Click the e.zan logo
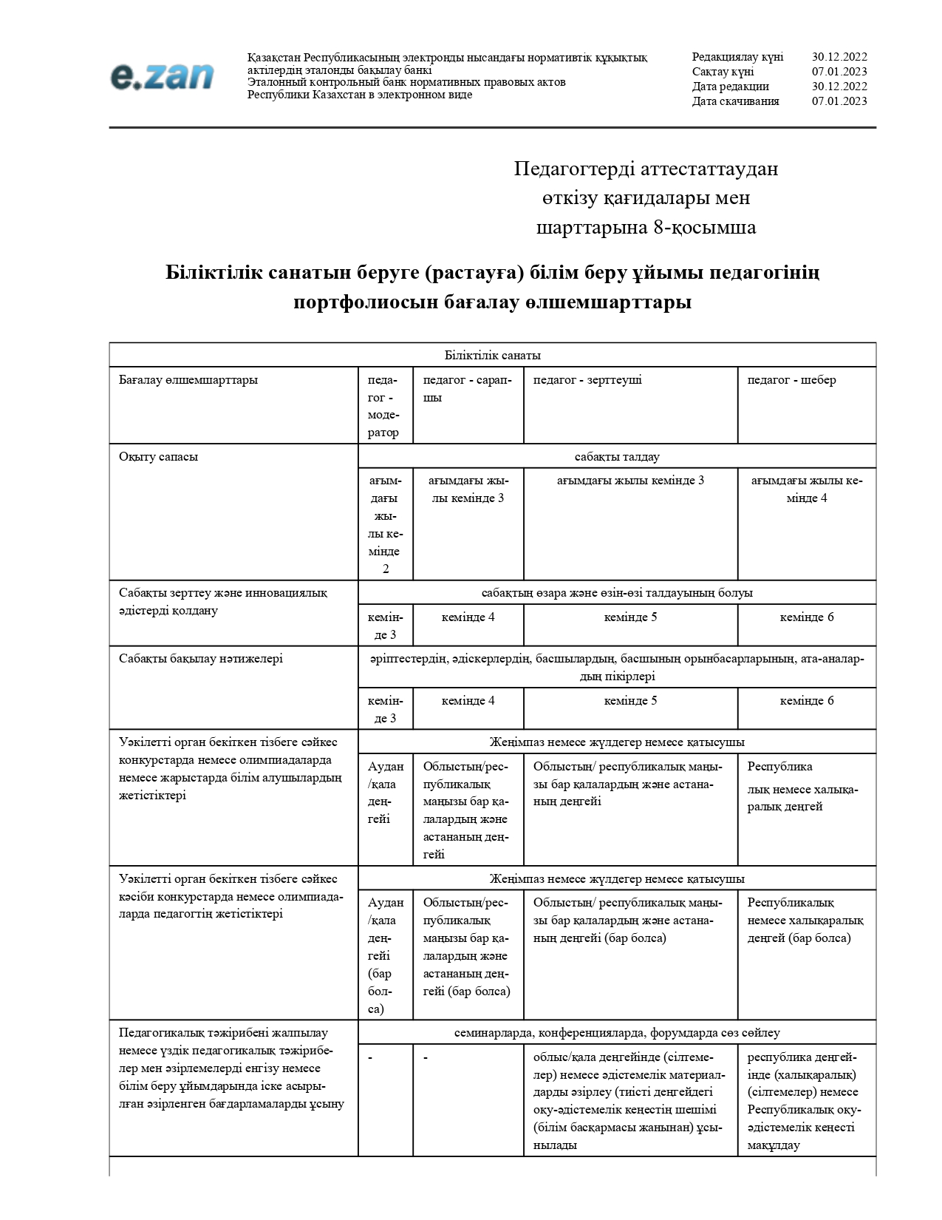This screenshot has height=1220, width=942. pos(162,76)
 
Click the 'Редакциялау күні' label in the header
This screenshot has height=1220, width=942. pos(737,57)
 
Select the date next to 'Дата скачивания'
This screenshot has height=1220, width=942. pos(839,101)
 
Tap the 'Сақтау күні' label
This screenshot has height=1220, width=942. pos(723,72)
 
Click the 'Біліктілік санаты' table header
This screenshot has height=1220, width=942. pos(492,355)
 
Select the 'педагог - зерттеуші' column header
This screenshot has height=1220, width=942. pos(587,380)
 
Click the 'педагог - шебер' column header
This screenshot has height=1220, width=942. pos(791,380)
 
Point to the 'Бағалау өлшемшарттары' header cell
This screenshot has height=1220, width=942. pos(188,380)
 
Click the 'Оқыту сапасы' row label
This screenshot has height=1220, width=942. pos(158,456)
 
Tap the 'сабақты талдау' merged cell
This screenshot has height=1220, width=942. pos(617,456)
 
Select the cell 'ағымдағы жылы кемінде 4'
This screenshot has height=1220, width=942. pos(807,489)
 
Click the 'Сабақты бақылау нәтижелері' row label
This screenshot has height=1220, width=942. pos(200,658)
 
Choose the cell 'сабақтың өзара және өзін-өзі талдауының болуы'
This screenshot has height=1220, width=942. pos(617,592)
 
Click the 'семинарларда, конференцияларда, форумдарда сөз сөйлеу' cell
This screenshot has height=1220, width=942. pos(617,1032)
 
